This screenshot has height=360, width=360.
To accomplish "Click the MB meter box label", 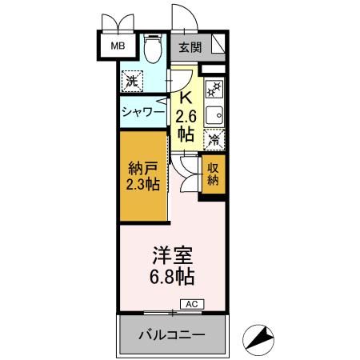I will coord(118,46).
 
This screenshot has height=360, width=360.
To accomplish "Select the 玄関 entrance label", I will coord(190,47).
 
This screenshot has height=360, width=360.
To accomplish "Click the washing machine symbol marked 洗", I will coord(132,80).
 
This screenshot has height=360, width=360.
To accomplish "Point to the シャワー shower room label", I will coord(143,113).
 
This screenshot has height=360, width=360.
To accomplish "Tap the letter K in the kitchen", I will coord(185,98).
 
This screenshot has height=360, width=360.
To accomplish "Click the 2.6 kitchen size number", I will coord(185,117).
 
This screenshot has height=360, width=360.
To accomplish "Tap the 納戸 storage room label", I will coord(143,169).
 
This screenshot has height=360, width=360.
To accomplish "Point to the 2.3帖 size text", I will coord(143,185).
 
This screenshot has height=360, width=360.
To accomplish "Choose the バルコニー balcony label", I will coord(170,334).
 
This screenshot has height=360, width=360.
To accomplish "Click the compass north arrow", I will coord(259,339).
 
